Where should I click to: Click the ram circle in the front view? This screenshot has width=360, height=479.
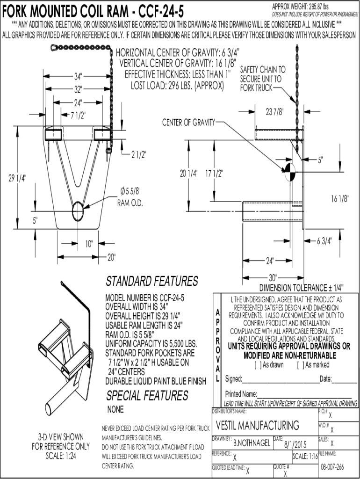pyautogui.click(x=78, y=211)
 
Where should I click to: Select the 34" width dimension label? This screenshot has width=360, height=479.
pyautogui.click(x=78, y=76)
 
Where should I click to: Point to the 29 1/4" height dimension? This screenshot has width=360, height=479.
pyautogui.click(x=18, y=178)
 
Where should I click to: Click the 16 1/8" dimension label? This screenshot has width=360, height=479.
pyautogui.click(x=340, y=198)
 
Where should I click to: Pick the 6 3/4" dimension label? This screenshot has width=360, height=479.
pyautogui.click(x=324, y=241)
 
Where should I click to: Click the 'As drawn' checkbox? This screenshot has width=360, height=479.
pyautogui.click(x=257, y=364)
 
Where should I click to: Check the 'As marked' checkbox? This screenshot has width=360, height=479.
pyautogui.click(x=299, y=364)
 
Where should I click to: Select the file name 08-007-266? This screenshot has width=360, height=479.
pyautogui.click(x=333, y=467)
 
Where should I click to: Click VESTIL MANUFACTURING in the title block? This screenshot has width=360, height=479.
pyautogui.click(x=258, y=425)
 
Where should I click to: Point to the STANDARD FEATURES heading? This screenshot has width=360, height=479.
pyautogui.click(x=152, y=282)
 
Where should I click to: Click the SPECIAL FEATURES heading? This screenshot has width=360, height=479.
pyautogui.click(x=147, y=396)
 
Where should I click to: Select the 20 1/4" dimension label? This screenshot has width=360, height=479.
pyautogui.click(x=189, y=174)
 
